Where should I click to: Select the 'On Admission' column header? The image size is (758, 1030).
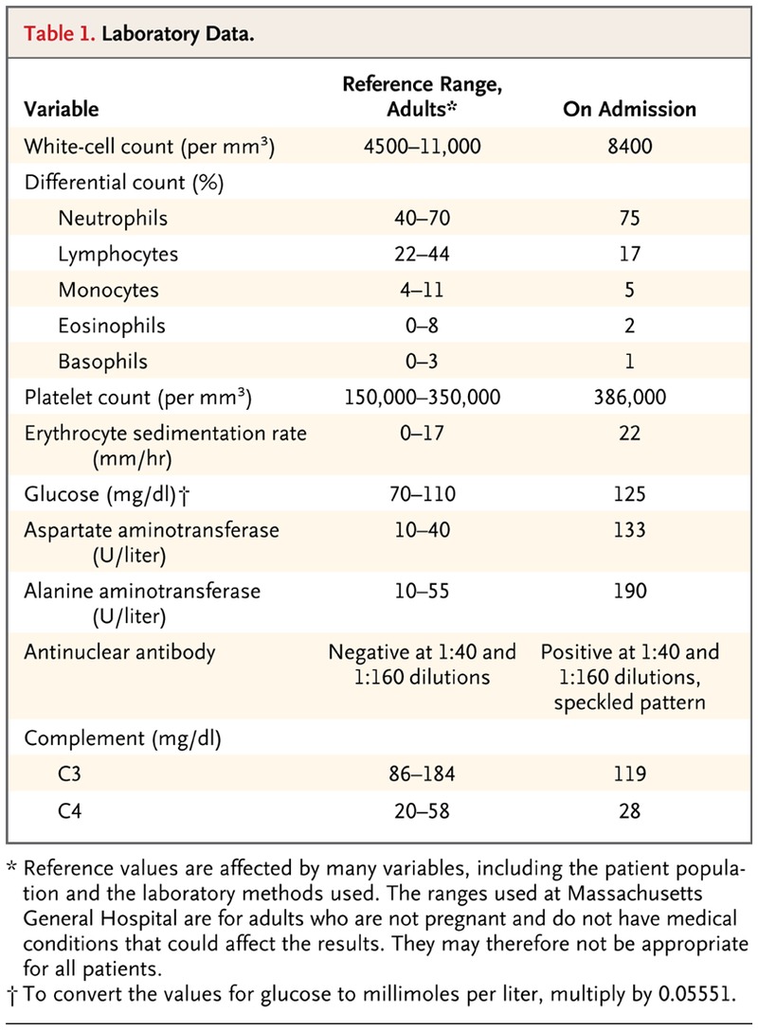[629, 109]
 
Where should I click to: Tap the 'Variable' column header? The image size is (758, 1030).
[62, 109]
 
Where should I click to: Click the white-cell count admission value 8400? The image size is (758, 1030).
[629, 148]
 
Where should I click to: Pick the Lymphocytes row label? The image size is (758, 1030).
[117, 255]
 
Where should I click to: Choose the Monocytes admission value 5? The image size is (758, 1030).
[629, 290]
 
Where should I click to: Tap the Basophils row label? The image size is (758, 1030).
[102, 362]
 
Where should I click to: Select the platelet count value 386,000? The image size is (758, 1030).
[629, 399]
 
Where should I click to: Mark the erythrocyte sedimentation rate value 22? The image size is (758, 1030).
[629, 435]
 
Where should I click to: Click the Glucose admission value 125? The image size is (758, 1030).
[629, 493]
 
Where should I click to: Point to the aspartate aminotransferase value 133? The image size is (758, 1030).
[629, 530]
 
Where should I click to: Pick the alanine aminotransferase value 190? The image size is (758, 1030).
[629, 592]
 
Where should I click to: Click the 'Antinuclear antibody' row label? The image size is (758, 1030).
[120, 652]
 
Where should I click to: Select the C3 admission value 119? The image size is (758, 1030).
[629, 774]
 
